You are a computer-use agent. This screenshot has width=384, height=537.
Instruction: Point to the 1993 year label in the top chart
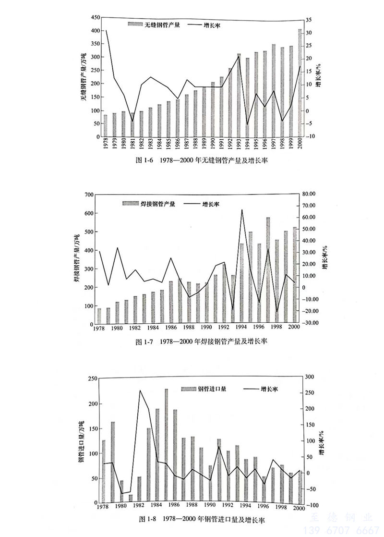click(x=239, y=145)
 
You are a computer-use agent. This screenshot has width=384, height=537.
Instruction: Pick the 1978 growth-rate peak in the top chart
click(x=106, y=31)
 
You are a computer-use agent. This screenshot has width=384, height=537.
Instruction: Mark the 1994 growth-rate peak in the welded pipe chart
click(x=241, y=209)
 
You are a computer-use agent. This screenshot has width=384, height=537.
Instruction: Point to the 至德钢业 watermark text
click(x=341, y=518)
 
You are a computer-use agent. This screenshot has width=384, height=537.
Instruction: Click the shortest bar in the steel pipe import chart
click(x=131, y=499)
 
